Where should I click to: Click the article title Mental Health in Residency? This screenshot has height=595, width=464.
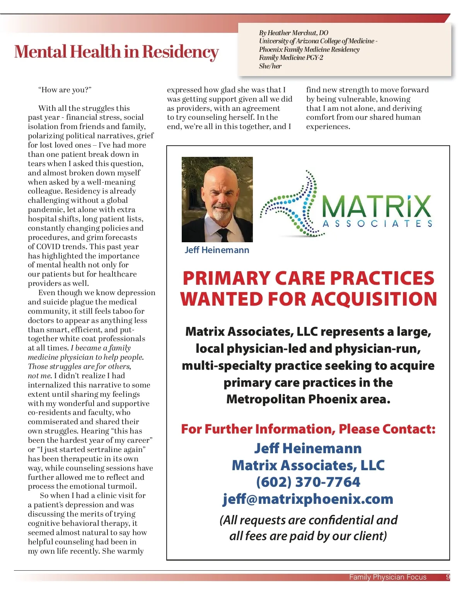click(x=116, y=52)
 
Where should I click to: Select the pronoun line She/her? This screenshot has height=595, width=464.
click(x=270, y=66)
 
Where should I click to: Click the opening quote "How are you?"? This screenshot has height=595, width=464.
click(x=65, y=90)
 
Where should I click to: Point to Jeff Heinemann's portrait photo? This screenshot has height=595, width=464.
click(x=217, y=199)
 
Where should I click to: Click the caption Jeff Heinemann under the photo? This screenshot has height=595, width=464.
click(x=217, y=250)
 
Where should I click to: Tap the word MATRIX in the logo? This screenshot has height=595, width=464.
click(x=376, y=207)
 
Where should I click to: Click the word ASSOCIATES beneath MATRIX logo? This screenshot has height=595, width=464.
click(x=377, y=224)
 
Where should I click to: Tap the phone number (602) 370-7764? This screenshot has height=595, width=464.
click(x=308, y=482)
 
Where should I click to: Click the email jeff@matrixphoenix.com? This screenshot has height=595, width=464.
click(x=308, y=499)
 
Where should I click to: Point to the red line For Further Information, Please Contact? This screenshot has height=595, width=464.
click(x=308, y=429)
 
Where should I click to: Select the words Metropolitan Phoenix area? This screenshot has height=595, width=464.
click(x=308, y=399)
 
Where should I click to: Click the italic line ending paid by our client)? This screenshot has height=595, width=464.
click(x=308, y=536)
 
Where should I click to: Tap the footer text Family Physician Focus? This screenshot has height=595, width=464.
click(x=387, y=577)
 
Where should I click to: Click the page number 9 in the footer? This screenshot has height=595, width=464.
click(x=448, y=577)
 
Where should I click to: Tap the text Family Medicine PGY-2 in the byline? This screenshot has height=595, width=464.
click(x=291, y=58)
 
